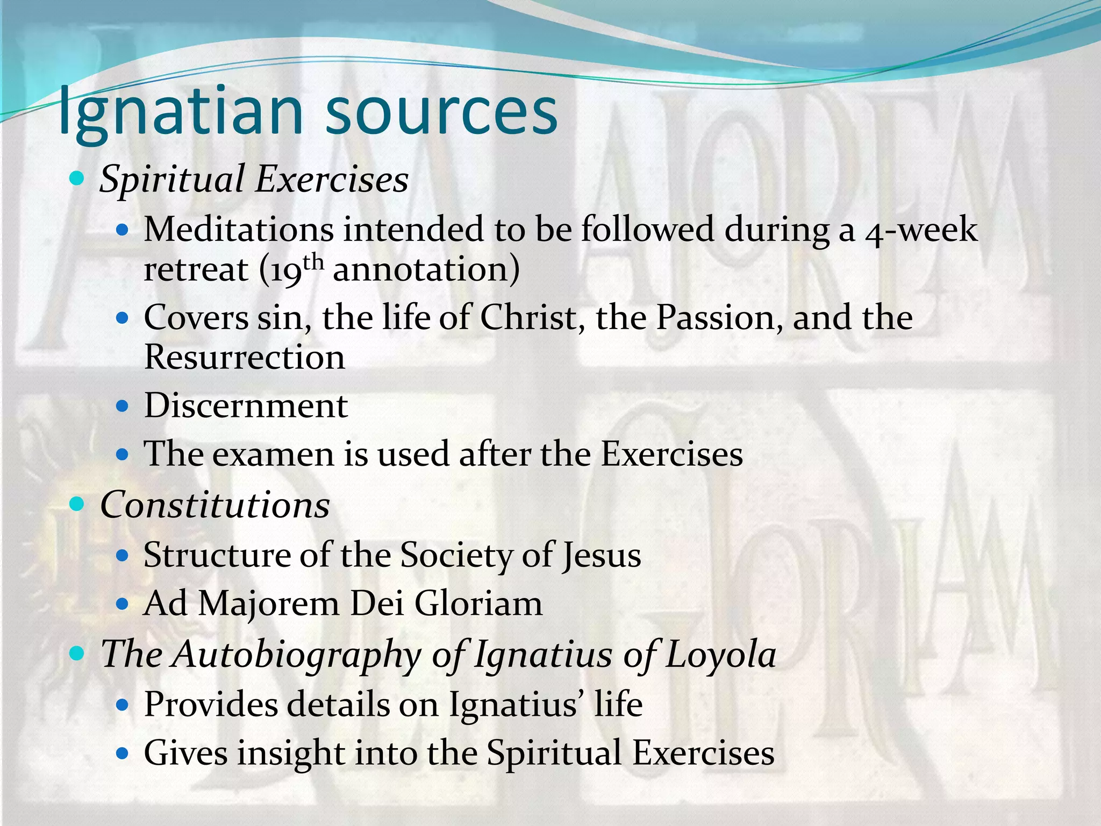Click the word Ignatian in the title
[x=181, y=112]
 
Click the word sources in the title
[x=441, y=112]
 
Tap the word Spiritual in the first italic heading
[x=172, y=179]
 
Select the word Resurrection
[x=245, y=357]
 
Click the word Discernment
[x=246, y=405]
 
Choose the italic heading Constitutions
[x=215, y=505]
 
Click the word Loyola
[x=720, y=655]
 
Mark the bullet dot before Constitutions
[x=78, y=504]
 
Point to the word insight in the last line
[x=291, y=753]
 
